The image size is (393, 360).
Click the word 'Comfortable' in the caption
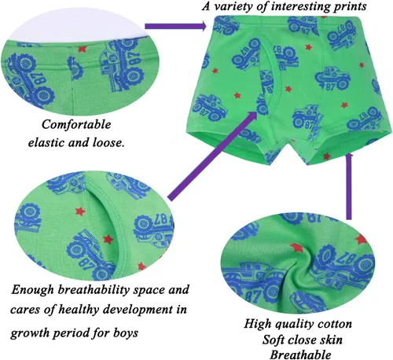(x=76, y=124)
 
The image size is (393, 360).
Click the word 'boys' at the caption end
(x=126, y=333)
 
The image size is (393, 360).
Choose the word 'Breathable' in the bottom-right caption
(x=300, y=354)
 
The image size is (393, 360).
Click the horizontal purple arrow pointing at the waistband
(x=175, y=26)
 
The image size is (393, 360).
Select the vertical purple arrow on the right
(x=348, y=187)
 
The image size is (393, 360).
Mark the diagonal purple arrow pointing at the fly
(x=212, y=156)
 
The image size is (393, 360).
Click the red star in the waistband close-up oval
(x=83, y=49)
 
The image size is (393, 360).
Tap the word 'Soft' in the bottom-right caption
(x=274, y=340)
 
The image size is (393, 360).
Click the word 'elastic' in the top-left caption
(x=46, y=142)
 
